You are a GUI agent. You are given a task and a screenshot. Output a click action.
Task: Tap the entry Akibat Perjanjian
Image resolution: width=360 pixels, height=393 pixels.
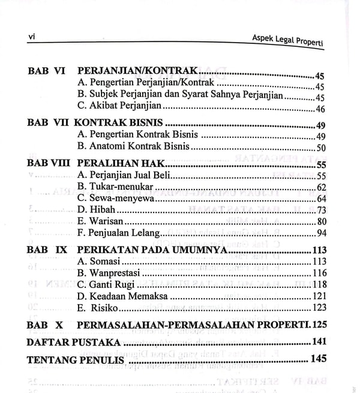tap(119, 108)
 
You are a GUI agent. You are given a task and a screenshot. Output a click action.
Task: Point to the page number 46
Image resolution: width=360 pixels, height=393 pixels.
tap(320, 109)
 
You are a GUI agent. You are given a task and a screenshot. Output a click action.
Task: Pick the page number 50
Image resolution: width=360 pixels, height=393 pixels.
tap(320, 148)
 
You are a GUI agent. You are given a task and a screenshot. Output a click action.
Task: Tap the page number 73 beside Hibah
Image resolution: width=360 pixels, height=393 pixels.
tap(321, 210)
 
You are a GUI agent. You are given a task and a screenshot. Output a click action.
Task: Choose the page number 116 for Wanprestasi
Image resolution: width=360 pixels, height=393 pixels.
tap(319, 273)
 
